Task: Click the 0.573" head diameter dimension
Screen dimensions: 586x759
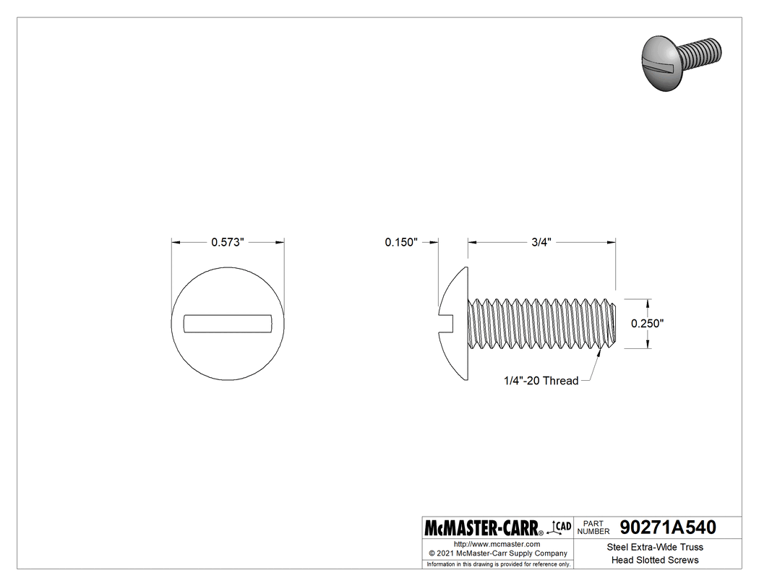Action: coord(228,243)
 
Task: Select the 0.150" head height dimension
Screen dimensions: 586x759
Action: coord(401,243)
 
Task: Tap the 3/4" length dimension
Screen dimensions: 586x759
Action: coord(541,243)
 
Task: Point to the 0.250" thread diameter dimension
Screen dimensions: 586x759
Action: coord(647,324)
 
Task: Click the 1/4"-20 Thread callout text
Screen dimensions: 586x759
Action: coord(541,381)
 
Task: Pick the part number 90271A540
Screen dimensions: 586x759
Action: coord(668,527)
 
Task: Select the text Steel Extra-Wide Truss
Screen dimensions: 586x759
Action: coord(655,547)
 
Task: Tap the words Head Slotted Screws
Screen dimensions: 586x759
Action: coord(655,560)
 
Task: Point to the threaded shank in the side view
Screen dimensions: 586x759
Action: coord(542,324)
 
